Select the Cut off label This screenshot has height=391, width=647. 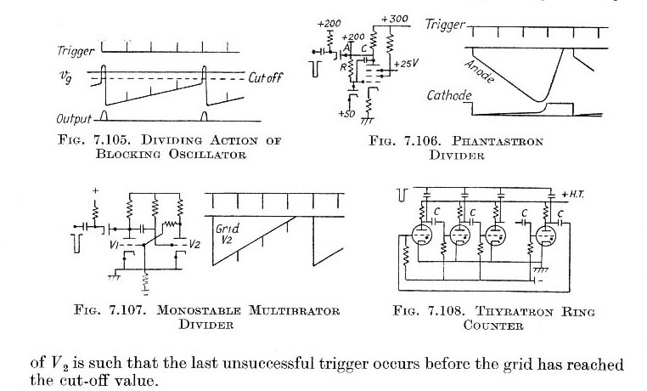click(x=269, y=77)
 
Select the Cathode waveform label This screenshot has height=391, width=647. click(x=449, y=97)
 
